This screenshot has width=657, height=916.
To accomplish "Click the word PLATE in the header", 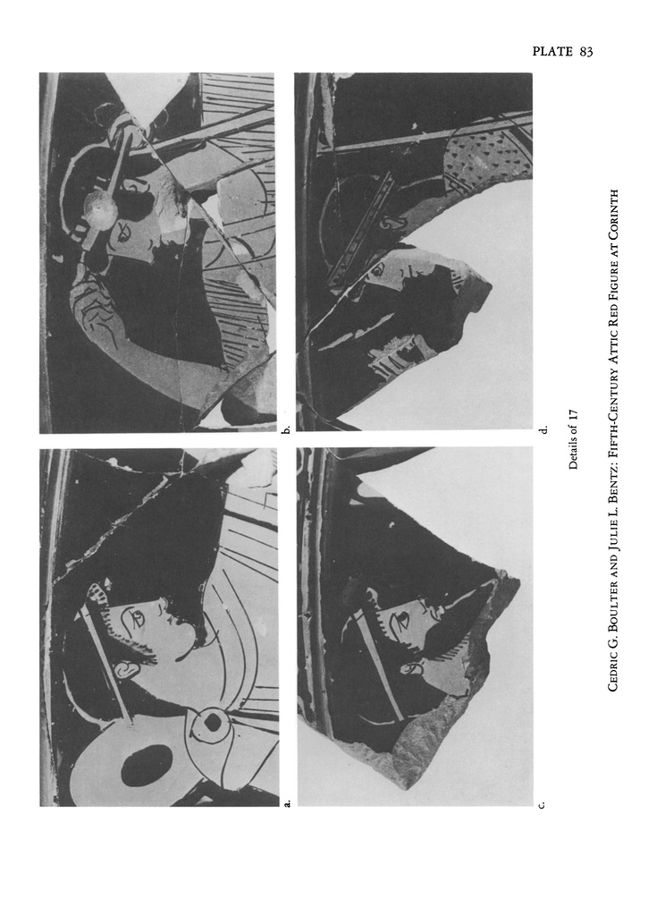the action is pyautogui.click(x=552, y=51).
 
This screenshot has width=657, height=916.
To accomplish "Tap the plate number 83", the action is pyautogui.click(x=586, y=51).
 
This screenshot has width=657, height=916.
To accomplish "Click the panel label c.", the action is pyautogui.click(x=542, y=805).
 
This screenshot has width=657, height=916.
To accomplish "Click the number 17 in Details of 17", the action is pyautogui.click(x=573, y=415).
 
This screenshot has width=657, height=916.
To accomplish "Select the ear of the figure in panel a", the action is pyautogui.click(x=124, y=668).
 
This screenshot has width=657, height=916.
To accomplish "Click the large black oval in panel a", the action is pyautogui.click(x=147, y=766).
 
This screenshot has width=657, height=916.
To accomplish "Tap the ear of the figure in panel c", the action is pyautogui.click(x=411, y=666).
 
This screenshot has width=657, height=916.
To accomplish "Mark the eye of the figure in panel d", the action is pyautogui.click(x=378, y=270).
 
